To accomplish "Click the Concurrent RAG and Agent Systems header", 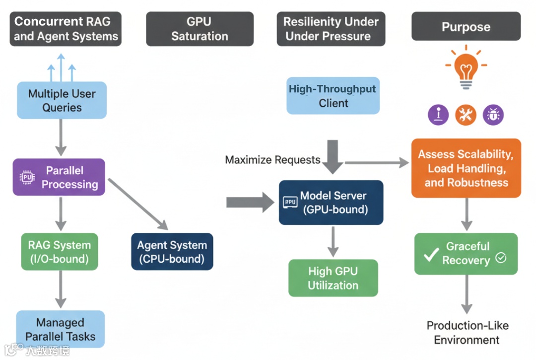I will click(66, 29).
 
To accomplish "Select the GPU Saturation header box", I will click(200, 29).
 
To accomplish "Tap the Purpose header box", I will click(466, 27).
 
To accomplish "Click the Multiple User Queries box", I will click(62, 100).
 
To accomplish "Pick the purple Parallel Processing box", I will click(59, 177).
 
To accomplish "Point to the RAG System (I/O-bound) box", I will click(60, 252).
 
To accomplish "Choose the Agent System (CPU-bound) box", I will click(172, 252).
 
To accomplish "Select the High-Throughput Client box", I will click(333, 96).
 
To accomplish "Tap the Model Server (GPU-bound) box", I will click(331, 203).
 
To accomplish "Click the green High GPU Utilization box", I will click(333, 278).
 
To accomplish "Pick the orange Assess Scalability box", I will click(466, 168).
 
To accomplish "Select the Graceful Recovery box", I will click(466, 254).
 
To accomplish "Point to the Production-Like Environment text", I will click(467, 333).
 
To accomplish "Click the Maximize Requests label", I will click(272, 160).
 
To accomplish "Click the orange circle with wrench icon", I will click(466, 115).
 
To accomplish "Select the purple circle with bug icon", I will click(493, 115).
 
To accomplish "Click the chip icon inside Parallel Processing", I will click(27, 177).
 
